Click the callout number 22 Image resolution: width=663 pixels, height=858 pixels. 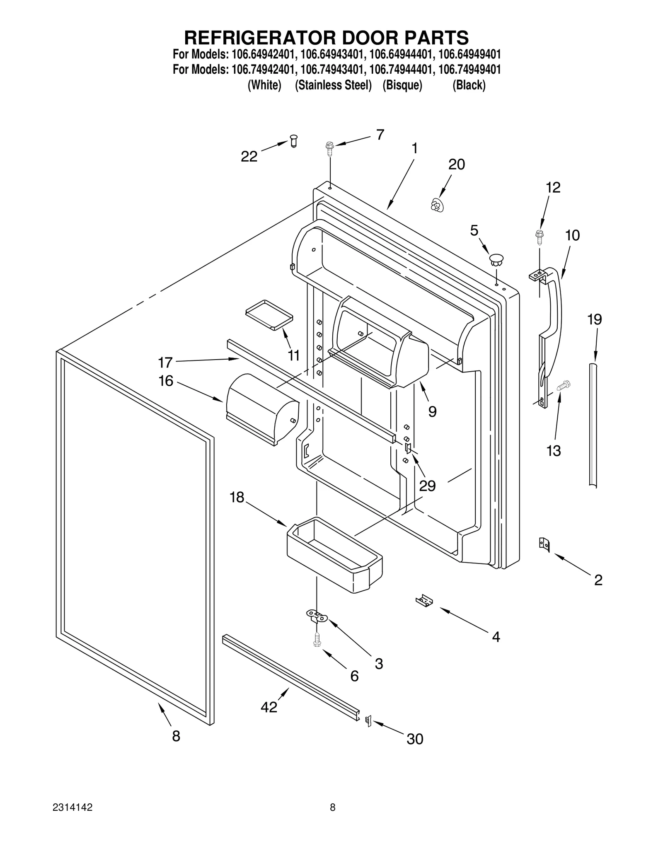pyautogui.click(x=249, y=157)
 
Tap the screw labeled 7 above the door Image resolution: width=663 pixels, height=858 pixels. pyautogui.click(x=330, y=148)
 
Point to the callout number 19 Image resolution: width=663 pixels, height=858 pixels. pyautogui.click(x=594, y=319)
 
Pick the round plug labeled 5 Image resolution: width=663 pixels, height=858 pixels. pyautogui.click(x=496, y=260)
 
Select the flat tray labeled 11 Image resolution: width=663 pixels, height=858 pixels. pyautogui.click(x=269, y=315)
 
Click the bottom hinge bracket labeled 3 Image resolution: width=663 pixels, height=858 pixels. pyautogui.click(x=317, y=616)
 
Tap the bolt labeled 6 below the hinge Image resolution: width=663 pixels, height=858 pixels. pyautogui.click(x=317, y=639)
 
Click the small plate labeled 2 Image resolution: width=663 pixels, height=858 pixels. pyautogui.click(x=544, y=544)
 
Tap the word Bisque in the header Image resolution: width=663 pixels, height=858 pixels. pyautogui.click(x=402, y=85)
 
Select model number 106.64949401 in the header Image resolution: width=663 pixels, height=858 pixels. pyautogui.click(x=469, y=54)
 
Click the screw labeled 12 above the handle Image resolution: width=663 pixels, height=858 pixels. pyautogui.click(x=540, y=236)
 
